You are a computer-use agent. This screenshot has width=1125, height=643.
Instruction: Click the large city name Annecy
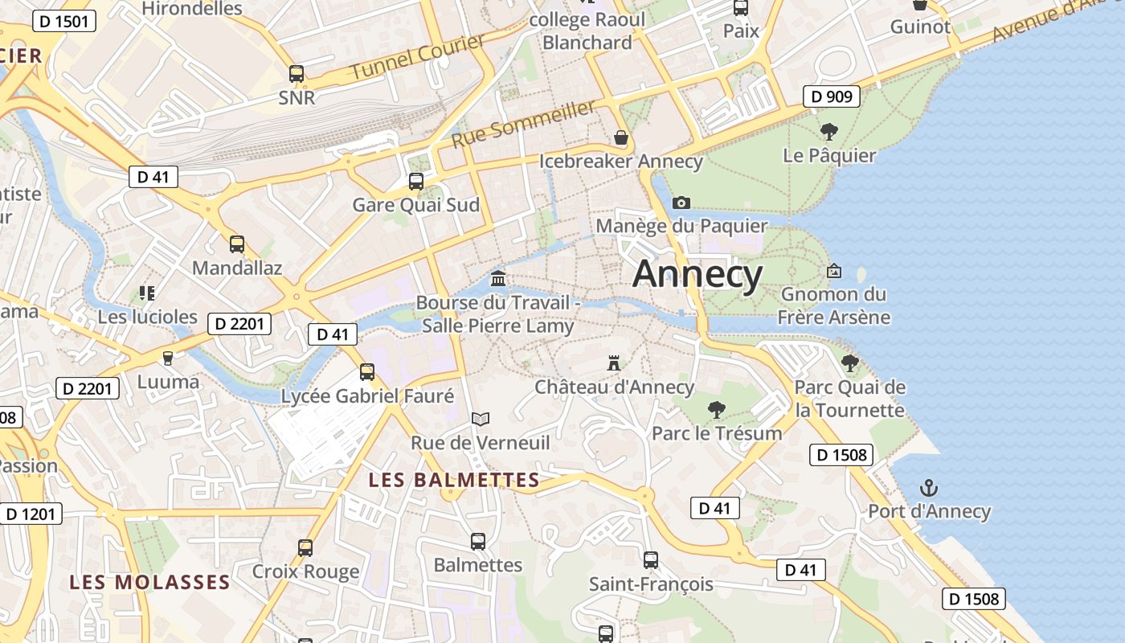tap(697, 275)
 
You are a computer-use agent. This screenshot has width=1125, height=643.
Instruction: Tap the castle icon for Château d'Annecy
tap(614, 363)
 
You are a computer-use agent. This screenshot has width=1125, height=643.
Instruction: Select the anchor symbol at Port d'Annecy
tap(929, 488)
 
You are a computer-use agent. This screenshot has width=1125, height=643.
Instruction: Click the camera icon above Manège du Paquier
tap(681, 203)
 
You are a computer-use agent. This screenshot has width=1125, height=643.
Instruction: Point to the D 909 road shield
tap(832, 97)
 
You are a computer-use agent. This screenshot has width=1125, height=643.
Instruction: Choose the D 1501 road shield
tap(64, 22)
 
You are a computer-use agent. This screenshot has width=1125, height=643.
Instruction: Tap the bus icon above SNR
tap(297, 74)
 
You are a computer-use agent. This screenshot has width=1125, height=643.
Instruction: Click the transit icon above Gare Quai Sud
tap(416, 181)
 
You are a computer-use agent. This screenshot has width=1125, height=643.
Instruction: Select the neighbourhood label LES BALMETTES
tap(454, 480)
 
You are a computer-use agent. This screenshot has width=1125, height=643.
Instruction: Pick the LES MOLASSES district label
tap(149, 581)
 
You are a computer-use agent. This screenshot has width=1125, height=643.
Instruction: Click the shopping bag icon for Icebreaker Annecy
tap(620, 137)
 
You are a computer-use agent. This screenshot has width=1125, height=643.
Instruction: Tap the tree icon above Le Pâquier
tap(829, 132)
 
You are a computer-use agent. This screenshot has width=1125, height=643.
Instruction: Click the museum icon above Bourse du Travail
tap(498, 279)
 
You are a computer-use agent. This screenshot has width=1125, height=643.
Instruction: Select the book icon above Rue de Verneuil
tap(481, 419)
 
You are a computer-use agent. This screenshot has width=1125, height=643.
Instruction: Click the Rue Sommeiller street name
tap(524, 123)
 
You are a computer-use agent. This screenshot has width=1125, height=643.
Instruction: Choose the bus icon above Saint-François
tap(651, 559)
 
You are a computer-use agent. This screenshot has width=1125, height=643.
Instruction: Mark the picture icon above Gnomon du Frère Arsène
tap(834, 272)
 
